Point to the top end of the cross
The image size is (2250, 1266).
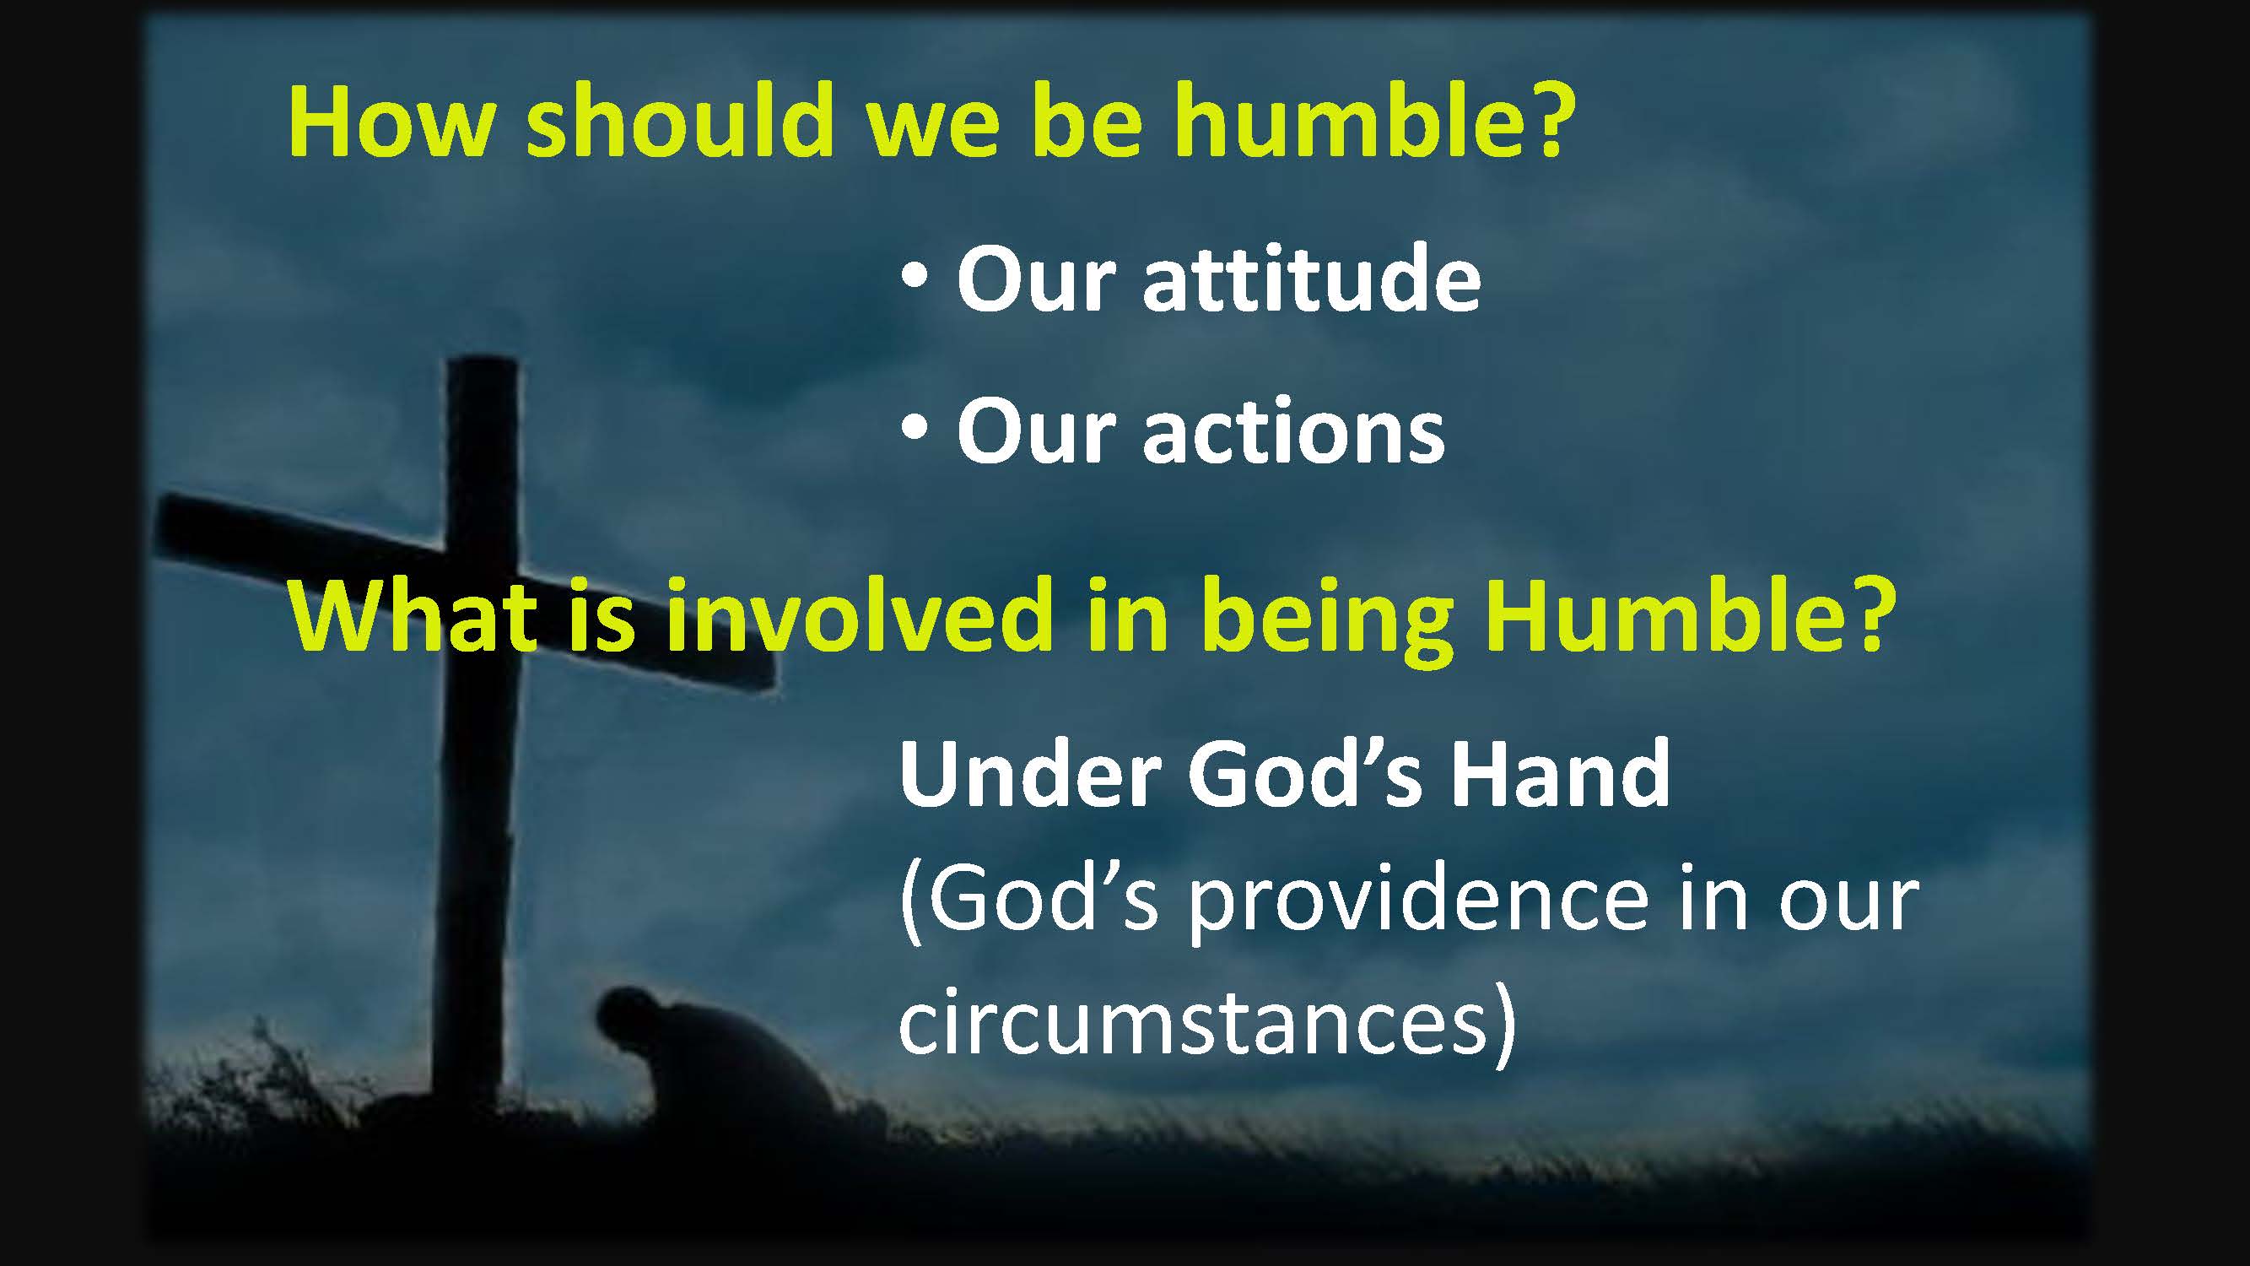coord(479,362)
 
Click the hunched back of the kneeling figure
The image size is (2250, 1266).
coord(742,1048)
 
